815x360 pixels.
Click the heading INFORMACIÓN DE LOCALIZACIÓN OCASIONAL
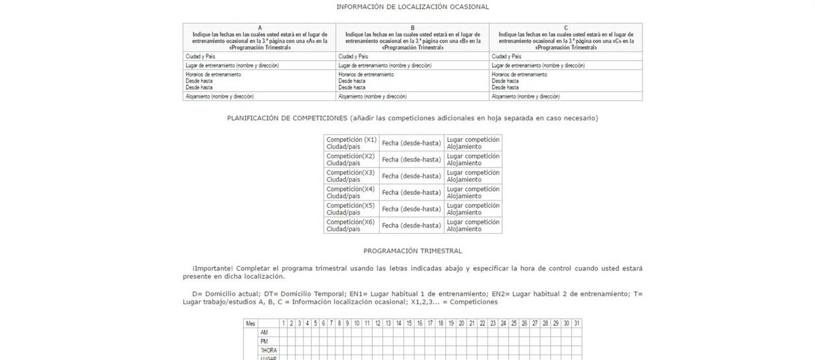(412, 7)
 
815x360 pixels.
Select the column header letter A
(259, 27)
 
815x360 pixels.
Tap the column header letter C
(565, 27)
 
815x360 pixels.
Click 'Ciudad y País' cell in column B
(353, 56)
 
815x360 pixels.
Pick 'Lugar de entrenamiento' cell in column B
(384, 65)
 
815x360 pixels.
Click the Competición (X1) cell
(351, 143)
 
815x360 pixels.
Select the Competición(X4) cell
(351, 192)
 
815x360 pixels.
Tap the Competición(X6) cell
(351, 226)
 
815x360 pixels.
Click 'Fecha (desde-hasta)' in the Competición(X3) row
(411, 176)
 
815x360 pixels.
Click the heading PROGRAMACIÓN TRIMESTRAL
(412, 251)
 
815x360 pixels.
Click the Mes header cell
(251, 323)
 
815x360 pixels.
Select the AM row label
(265, 332)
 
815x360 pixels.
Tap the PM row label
(265, 341)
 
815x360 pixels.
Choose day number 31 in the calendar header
(577, 323)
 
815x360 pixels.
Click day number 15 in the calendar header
(410, 323)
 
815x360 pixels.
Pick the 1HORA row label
(268, 350)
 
